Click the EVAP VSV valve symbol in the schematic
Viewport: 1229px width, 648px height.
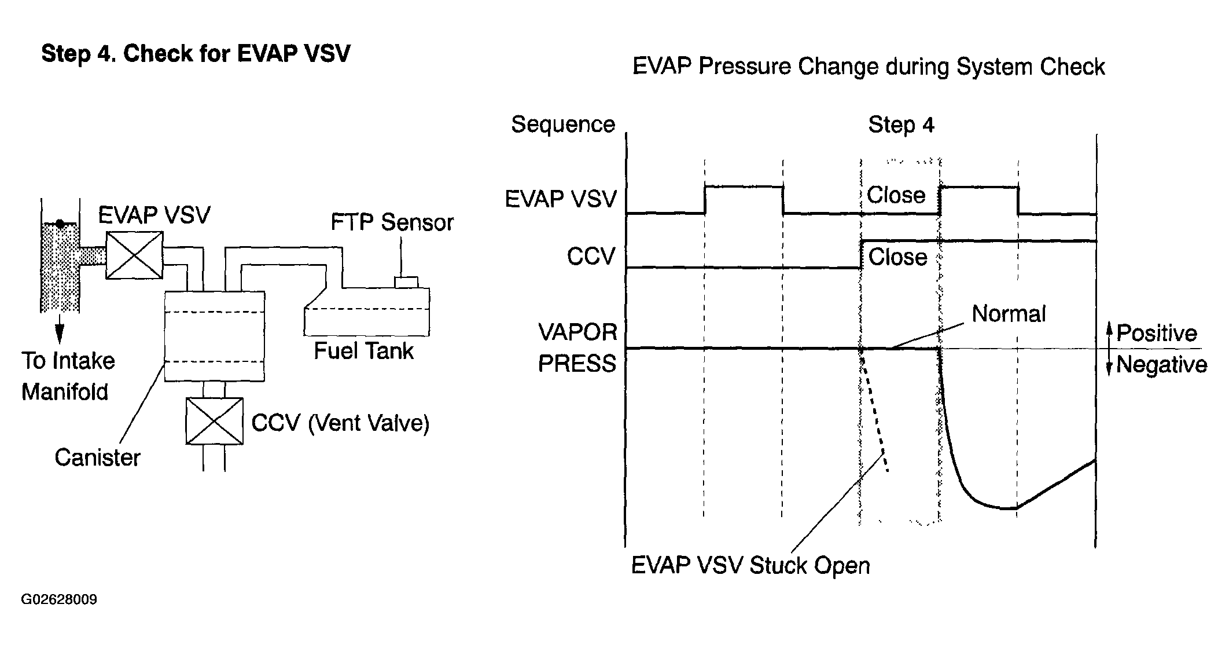[134, 255]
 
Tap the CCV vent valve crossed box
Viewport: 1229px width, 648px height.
[214, 422]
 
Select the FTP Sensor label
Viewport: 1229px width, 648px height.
[392, 222]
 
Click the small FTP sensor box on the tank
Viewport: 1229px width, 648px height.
[406, 282]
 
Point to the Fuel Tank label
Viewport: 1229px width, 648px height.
[364, 351]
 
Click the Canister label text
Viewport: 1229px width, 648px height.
[98, 457]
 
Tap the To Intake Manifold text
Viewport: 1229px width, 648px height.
[68, 376]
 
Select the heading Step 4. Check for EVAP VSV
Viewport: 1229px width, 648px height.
[196, 54]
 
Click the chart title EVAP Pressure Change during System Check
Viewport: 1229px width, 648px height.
[869, 67]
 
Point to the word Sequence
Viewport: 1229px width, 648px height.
[563, 125]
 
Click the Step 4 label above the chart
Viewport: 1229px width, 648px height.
[901, 125]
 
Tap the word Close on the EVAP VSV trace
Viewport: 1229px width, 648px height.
[896, 195]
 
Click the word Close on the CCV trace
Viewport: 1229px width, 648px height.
[898, 257]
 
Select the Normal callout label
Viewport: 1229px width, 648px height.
[1009, 314]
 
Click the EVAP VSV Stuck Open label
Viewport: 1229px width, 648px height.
[750, 566]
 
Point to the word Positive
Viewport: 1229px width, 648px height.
[1157, 333]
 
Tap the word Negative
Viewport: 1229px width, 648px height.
[1162, 365]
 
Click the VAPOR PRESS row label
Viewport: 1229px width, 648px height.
[577, 348]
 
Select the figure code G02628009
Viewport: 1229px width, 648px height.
[59, 599]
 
